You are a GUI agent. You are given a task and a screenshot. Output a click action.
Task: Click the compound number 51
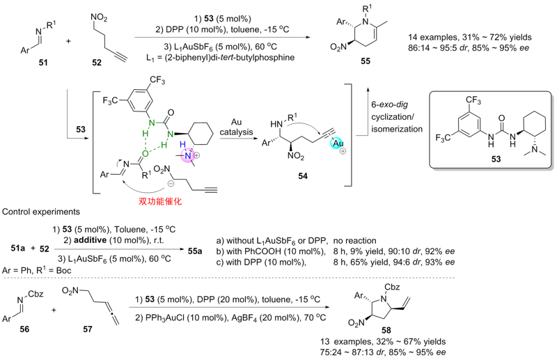tap(43, 63)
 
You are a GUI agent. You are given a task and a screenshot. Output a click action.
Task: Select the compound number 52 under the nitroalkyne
tap(97, 63)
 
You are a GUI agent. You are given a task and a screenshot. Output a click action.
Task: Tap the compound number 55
tap(366, 61)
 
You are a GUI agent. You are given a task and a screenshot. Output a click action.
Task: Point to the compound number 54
tap(303, 176)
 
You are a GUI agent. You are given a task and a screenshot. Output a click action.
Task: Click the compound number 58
tap(386, 331)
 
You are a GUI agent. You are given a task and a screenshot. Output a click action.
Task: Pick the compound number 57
tap(88, 329)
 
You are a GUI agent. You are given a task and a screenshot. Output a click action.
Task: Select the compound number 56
tap(24, 329)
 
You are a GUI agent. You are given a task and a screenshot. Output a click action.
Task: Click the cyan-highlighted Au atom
tap(338, 143)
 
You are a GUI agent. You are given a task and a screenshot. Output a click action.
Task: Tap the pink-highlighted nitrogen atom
tap(188, 156)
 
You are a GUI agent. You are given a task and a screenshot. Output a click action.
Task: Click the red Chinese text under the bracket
tap(160, 201)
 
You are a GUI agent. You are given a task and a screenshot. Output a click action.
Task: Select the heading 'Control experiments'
tap(41, 212)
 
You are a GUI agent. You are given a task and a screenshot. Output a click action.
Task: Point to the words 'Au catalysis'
tap(236, 127)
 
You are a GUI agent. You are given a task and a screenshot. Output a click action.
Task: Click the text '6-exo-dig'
tap(390, 105)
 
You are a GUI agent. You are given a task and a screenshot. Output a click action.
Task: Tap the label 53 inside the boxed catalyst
tap(496, 159)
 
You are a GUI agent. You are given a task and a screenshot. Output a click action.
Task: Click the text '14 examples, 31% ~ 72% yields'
tap(470, 37)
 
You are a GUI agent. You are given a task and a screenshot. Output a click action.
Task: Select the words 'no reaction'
tap(354, 241)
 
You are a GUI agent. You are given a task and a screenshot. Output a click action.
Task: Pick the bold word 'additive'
tap(91, 240)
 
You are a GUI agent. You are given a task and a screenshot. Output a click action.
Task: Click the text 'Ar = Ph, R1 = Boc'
tap(37, 270)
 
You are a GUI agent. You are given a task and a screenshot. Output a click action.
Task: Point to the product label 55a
tap(195, 251)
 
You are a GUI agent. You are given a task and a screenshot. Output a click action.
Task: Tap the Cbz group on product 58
tap(392, 287)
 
